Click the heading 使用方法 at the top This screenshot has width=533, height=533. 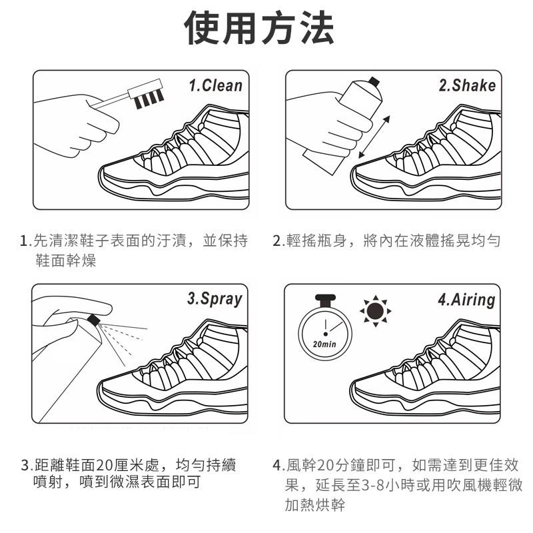[259, 28]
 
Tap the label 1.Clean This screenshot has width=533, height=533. [215, 85]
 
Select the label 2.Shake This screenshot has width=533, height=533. [467, 85]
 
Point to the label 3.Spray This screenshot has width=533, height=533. [215, 299]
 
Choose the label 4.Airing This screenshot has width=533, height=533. [466, 300]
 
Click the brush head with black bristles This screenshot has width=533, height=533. [146, 93]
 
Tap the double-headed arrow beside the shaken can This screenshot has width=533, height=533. [374, 137]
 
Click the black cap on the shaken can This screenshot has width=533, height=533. [374, 81]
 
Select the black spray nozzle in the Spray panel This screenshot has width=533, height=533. [93, 320]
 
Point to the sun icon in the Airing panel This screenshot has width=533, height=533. [375, 310]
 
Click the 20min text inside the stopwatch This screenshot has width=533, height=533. [324, 344]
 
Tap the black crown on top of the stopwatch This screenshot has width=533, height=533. [325, 300]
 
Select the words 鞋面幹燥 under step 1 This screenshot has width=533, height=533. [65, 261]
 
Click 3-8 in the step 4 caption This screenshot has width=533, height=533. [372, 486]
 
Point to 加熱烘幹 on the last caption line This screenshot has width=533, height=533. [314, 505]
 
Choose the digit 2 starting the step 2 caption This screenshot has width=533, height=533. [276, 241]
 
